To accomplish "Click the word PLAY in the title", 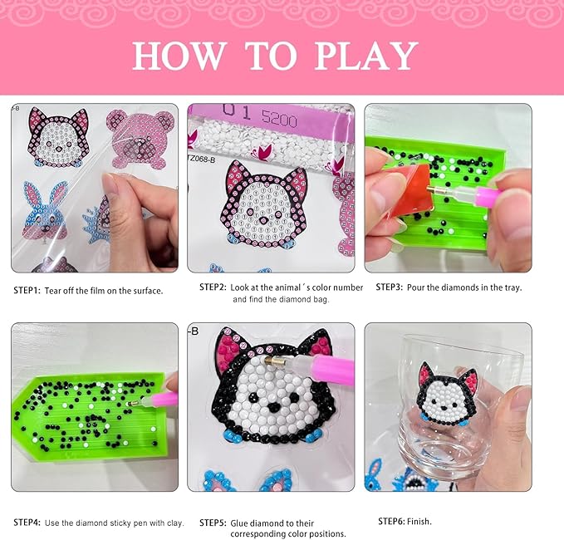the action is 366,56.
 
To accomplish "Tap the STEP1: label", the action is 27,291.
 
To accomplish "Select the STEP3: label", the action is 390,287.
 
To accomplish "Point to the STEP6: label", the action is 391,521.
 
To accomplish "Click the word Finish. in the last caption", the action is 419,521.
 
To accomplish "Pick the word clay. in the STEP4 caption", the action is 175,523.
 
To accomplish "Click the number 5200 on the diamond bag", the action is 279,118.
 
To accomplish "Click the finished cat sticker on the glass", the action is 448,395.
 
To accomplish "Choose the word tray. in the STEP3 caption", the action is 513,287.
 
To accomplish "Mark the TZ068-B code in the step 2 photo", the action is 201,159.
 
